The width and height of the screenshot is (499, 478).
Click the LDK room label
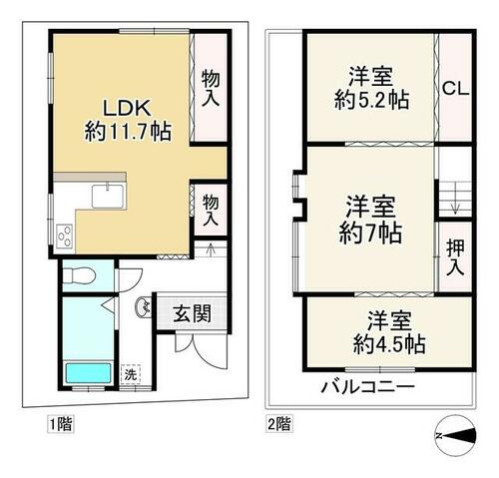(x=127, y=108)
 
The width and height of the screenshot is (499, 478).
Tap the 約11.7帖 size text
(x=128, y=132)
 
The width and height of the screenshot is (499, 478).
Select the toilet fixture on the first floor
(x=80, y=275)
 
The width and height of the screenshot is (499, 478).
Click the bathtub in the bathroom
(x=89, y=373)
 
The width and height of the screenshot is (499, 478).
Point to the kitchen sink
(x=108, y=196)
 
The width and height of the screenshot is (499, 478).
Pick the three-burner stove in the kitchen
(x=65, y=237)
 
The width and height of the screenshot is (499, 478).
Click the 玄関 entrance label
(x=193, y=313)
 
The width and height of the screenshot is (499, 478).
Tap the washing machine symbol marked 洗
(x=131, y=375)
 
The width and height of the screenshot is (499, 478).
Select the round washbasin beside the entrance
(x=144, y=307)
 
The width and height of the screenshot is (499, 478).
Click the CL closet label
(x=455, y=89)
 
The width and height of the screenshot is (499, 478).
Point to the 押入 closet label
(x=455, y=257)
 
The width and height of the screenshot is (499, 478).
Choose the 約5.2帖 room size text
(x=371, y=100)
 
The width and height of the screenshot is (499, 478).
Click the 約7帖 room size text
(x=370, y=233)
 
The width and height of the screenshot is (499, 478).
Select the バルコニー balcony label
(x=367, y=387)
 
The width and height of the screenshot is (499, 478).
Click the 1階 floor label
(x=61, y=424)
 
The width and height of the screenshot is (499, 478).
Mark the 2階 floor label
(x=279, y=423)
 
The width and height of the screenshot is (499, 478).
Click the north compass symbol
(x=455, y=435)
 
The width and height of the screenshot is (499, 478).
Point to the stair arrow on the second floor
(x=455, y=204)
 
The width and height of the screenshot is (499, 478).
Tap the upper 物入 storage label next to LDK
(x=211, y=88)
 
